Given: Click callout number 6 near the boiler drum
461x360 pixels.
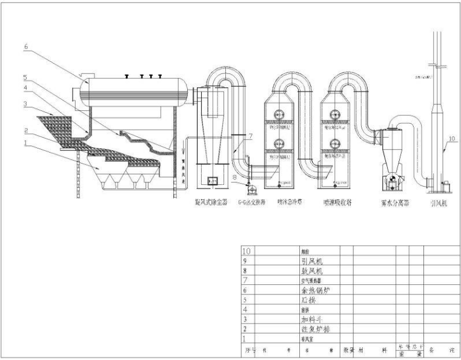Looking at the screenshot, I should [x=26, y=45].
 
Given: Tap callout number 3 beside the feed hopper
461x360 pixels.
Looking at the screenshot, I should [x=26, y=104].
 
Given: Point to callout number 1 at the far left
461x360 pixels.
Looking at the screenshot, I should [x=26, y=144].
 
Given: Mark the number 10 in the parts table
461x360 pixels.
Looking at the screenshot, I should [x=247, y=251].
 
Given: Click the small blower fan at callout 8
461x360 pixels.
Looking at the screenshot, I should [x=248, y=184].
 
